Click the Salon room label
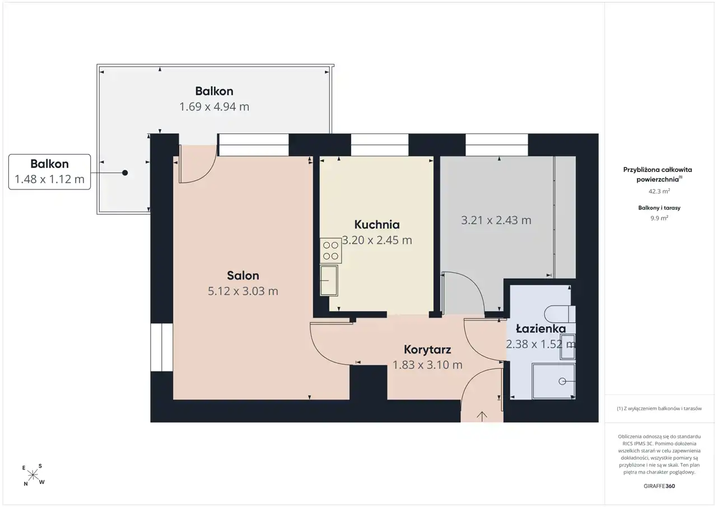click(243, 276)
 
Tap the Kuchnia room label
click(377, 225)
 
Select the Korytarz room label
click(427, 350)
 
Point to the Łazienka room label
click(541, 328)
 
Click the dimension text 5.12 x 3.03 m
click(243, 291)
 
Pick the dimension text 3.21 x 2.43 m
click(496, 220)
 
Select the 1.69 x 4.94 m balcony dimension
click(214, 106)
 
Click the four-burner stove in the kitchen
click(330, 250)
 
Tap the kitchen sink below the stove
click(329, 280)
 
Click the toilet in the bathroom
click(560, 314)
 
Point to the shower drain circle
click(562, 381)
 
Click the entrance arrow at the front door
click(482, 416)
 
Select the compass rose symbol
click(33, 475)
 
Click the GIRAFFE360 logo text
click(659, 486)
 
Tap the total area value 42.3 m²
click(659, 192)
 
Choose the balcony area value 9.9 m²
click(659, 218)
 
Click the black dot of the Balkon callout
click(125, 173)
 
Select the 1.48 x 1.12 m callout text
click(50, 179)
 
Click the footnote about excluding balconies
click(659, 408)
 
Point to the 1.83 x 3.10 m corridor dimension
click(427, 365)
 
